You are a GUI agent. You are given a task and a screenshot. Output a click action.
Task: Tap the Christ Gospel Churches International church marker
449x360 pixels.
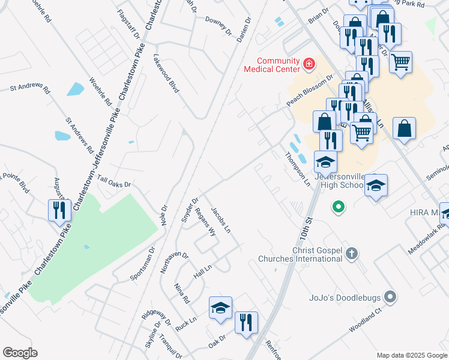coord(352,254)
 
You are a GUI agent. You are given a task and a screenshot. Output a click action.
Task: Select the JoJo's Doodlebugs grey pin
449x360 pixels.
coord(391,296)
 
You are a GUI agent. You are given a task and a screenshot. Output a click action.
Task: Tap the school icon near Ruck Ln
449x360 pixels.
coord(220,308)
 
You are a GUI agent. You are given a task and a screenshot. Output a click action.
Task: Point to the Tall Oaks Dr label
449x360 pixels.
coord(114,183)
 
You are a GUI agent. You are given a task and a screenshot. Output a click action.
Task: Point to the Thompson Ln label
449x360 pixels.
coord(297,168)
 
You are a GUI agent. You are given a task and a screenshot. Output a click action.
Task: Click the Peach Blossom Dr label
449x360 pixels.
coord(310,91)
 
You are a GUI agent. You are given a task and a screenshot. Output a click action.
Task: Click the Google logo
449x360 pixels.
coord(20,352)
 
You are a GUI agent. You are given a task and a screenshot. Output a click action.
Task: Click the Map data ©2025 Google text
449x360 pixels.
coord(411,355)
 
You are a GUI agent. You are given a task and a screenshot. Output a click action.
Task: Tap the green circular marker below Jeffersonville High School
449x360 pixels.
coord(339,208)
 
